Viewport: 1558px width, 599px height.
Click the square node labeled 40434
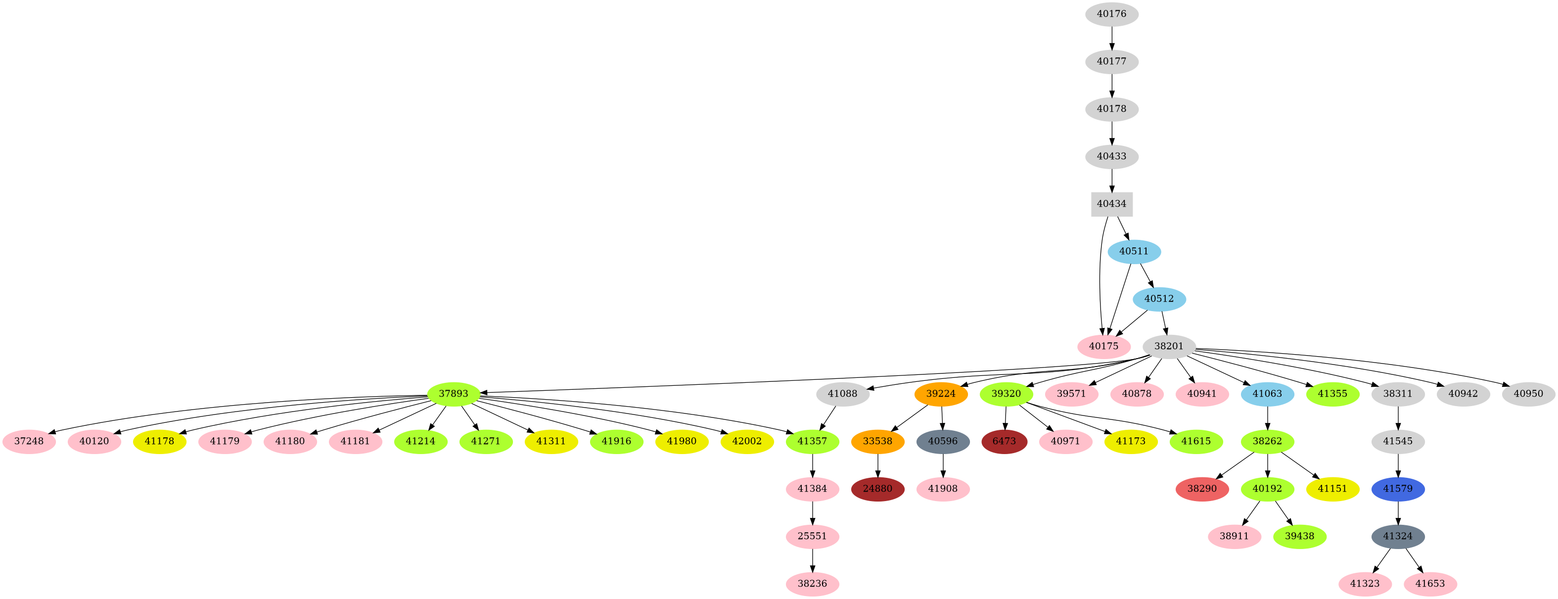pyautogui.click(x=1112, y=204)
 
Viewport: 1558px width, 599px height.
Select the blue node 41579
pyautogui.click(x=1398, y=489)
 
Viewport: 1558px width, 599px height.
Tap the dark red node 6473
pyautogui.click(x=1004, y=441)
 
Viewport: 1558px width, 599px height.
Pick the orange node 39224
pyautogui.click(x=941, y=394)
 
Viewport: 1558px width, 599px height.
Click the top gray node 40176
pyautogui.click(x=1112, y=14)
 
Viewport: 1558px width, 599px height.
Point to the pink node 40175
pyautogui.click(x=1104, y=347)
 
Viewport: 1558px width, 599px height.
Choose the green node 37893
pyautogui.click(x=454, y=394)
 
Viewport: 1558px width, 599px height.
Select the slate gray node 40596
pyautogui.click(x=943, y=441)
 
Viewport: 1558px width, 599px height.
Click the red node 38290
pyautogui.click(x=1202, y=489)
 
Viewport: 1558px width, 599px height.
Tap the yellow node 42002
pyautogui.click(x=747, y=441)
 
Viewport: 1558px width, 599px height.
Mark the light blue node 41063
pyautogui.click(x=1267, y=394)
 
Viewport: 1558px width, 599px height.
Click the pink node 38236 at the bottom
pyautogui.click(x=812, y=584)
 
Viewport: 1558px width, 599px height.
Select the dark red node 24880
pyautogui.click(x=877, y=489)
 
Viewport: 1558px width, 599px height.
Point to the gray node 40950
pyautogui.click(x=1528, y=394)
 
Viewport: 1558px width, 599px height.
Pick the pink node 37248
pyautogui.click(x=29, y=441)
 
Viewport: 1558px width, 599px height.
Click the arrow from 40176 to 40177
pyautogui.click(x=1112, y=38)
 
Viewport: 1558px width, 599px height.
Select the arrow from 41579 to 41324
pyautogui.click(x=1398, y=512)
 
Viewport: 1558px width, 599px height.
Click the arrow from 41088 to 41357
pyautogui.click(x=827, y=418)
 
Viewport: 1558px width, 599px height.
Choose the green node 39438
pyautogui.click(x=1300, y=537)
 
